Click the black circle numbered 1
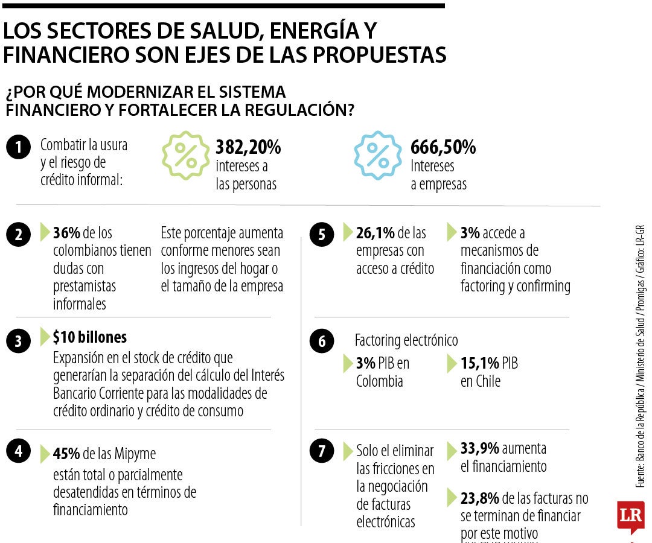(19, 148)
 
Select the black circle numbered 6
(321, 342)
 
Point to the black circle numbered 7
(321, 451)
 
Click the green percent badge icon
(186, 156)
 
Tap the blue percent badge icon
(378, 156)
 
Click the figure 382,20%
(248, 147)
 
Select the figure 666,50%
(443, 147)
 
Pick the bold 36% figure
(66, 233)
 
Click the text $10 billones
(89, 337)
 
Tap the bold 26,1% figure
(375, 233)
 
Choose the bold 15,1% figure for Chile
(480, 363)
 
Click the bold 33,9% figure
(480, 448)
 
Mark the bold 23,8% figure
(480, 498)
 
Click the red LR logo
(630, 516)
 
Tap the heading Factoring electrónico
(406, 340)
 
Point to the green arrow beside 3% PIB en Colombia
(347, 363)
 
